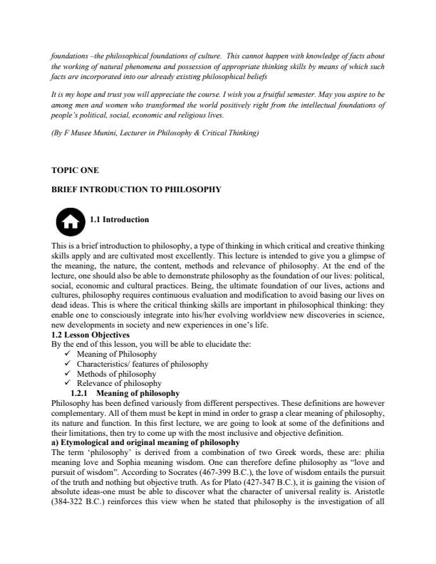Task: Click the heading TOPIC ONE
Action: click(x=75, y=171)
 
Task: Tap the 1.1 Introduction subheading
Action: click(x=120, y=219)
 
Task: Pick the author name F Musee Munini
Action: click(x=95, y=133)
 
